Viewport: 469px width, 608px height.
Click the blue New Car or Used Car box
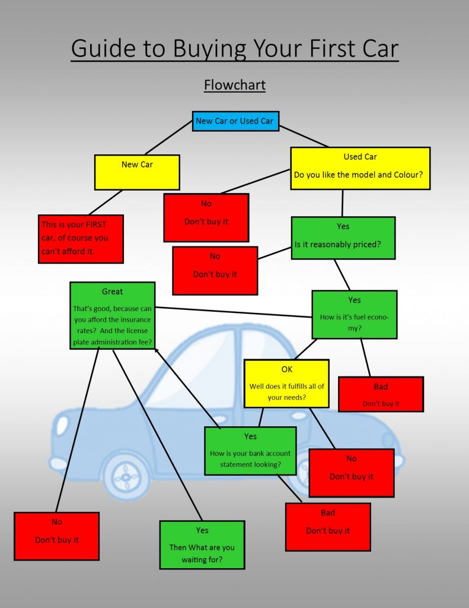click(x=235, y=121)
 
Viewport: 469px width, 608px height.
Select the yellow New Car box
click(x=137, y=172)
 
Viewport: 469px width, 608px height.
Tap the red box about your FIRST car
click(x=81, y=239)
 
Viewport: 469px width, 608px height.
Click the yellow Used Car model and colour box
click(x=360, y=168)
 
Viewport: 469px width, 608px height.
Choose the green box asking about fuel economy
click(x=354, y=314)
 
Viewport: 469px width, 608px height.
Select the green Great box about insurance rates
click(x=112, y=315)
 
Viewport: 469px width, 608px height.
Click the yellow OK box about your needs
click(x=286, y=384)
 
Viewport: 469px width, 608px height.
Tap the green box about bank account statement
click(x=250, y=451)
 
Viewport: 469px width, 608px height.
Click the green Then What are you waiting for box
click(x=202, y=544)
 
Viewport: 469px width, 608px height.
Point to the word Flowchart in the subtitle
click(x=235, y=85)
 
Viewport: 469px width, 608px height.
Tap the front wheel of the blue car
click(x=126, y=475)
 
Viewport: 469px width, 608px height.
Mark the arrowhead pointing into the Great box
click(x=156, y=350)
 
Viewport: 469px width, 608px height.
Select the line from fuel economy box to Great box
click(x=234, y=312)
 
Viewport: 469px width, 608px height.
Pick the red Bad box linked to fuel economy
click(x=381, y=394)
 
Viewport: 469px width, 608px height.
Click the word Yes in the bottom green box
click(x=202, y=530)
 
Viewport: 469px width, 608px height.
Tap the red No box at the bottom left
click(x=56, y=536)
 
